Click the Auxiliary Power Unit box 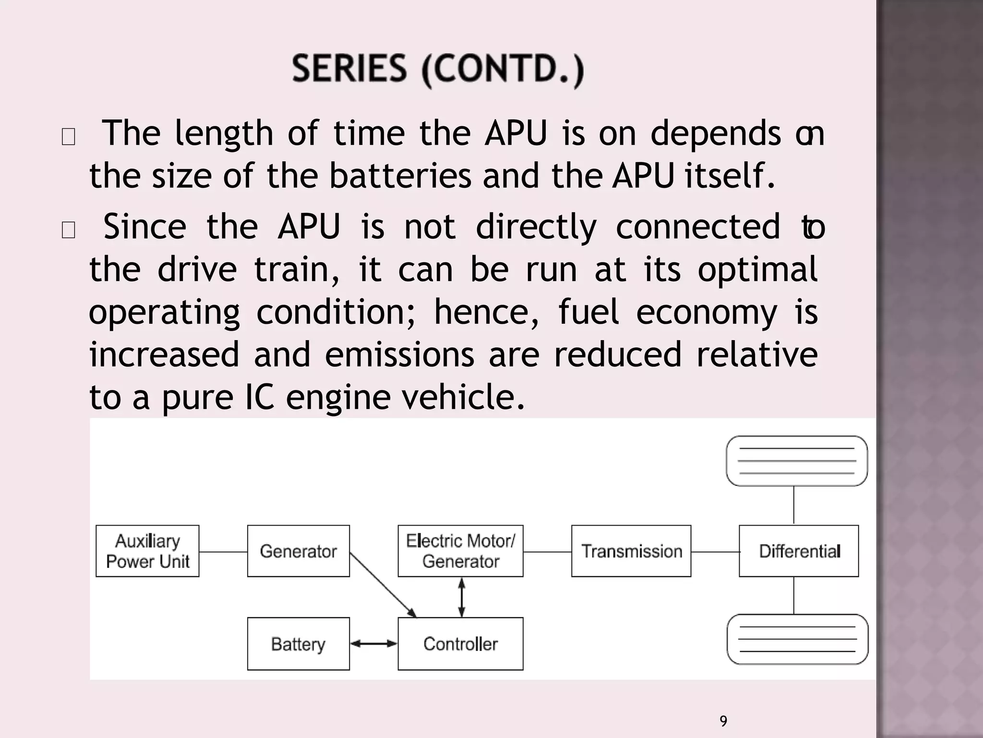click(147, 551)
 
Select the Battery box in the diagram click(298, 643)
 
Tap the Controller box click(460, 643)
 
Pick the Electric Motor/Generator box click(460, 551)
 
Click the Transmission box click(631, 551)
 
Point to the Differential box click(799, 551)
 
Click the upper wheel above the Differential click(797, 461)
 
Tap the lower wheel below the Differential click(798, 639)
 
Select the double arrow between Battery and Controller click(374, 643)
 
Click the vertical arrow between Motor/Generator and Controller click(461, 597)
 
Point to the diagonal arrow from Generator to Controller click(383, 585)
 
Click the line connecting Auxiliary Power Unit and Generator click(223, 552)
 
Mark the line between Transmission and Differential click(715, 552)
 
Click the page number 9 click(723, 721)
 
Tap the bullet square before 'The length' click(69, 137)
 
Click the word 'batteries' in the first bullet click(400, 175)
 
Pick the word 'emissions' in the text click(399, 355)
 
